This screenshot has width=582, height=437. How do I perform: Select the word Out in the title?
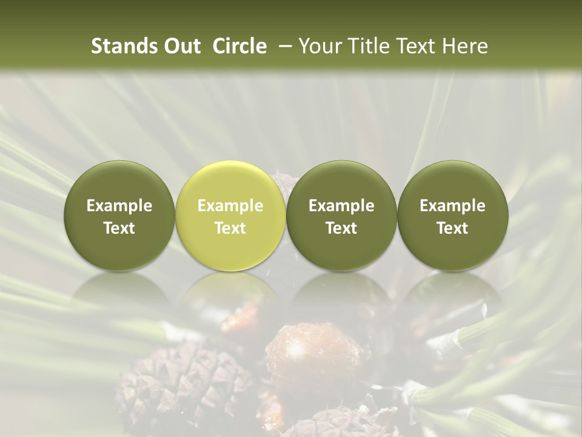pyautogui.click(x=181, y=46)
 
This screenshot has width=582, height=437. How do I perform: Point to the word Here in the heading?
pyautogui.click(x=466, y=46)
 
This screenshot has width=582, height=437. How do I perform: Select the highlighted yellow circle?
pyautogui.click(x=230, y=215)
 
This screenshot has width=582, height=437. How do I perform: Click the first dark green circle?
pyautogui.click(x=119, y=215)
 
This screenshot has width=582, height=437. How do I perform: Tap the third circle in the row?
pyautogui.click(x=341, y=215)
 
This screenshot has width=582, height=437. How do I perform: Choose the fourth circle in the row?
pyautogui.click(x=452, y=215)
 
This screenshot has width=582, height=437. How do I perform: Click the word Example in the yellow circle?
pyautogui.click(x=230, y=206)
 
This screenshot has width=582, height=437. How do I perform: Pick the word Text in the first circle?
pyautogui.click(x=119, y=228)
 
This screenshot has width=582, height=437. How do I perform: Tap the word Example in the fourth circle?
pyautogui.click(x=452, y=206)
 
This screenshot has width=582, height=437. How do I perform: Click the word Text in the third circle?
pyautogui.click(x=341, y=228)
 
